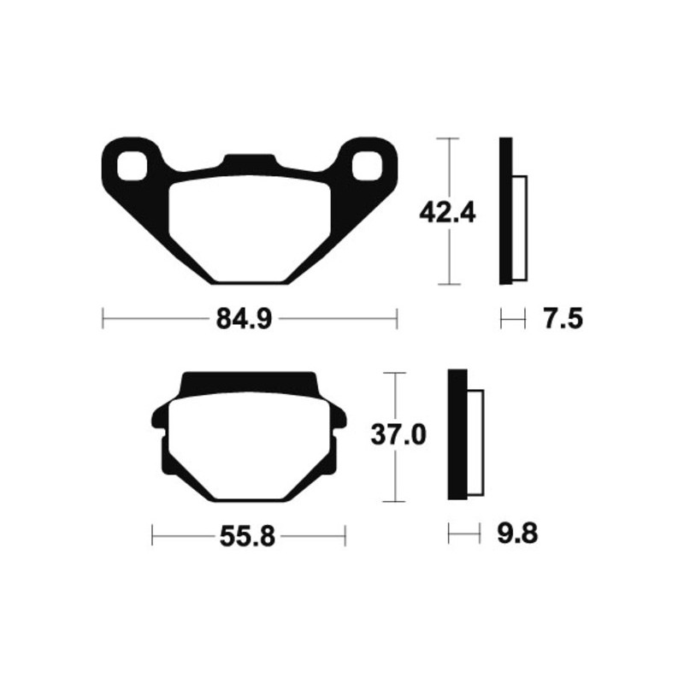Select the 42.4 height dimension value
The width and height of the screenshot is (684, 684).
pos(447,211)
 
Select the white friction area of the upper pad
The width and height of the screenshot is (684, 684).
pos(248,227)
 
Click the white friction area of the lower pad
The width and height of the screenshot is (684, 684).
pos(248,445)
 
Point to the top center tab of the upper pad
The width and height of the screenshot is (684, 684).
pos(249,162)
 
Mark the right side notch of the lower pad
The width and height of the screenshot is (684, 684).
pos(340,422)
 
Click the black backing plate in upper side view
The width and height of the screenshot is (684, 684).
pos(505,211)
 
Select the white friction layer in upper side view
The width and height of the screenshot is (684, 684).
pos(519,227)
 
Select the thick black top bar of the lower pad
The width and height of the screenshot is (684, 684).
pos(248,380)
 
